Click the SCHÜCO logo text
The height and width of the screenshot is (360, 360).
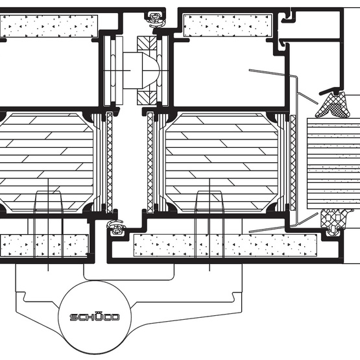[x=95, y=317]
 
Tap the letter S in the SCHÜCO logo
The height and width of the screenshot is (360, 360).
[x=73, y=317]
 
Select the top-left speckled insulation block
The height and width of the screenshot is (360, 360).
[x=49, y=26]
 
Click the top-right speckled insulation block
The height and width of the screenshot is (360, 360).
[x=228, y=25]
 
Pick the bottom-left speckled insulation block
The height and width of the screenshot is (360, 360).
[x=44, y=245]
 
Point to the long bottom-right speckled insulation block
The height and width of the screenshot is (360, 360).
[x=225, y=245]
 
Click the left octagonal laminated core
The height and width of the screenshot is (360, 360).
[x=47, y=162]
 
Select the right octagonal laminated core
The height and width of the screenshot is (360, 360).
[x=222, y=162]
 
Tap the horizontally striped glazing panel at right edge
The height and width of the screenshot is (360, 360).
[x=333, y=163]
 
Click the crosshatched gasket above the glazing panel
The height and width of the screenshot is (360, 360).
[x=333, y=104]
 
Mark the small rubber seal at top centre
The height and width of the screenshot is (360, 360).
[x=156, y=19]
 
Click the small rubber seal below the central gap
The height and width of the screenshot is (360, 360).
[x=117, y=228]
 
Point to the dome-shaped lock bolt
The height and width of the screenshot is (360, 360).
[x=141, y=71]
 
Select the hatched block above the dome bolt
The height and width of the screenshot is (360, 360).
[x=147, y=43]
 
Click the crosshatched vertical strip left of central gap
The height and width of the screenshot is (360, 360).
[x=110, y=162]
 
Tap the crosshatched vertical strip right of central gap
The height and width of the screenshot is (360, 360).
[x=150, y=162]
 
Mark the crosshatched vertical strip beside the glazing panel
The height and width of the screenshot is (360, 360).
[x=293, y=163]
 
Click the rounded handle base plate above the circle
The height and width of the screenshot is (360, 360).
[x=129, y=272]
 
